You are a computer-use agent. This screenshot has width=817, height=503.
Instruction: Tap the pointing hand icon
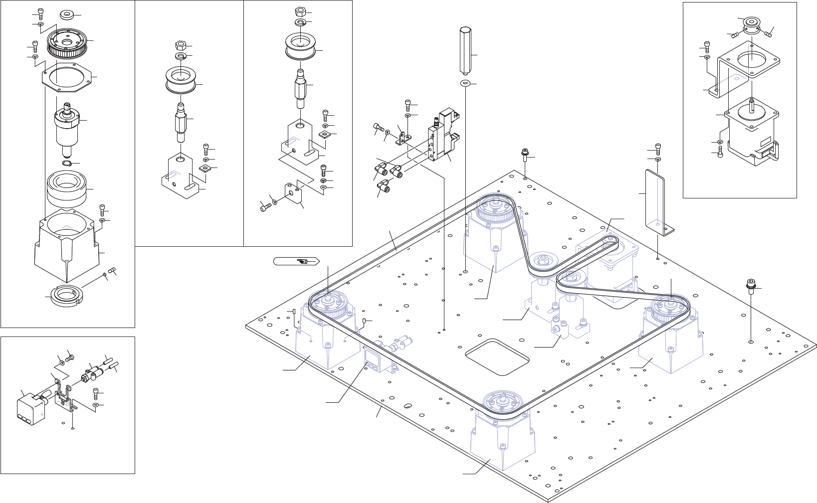click(302, 261)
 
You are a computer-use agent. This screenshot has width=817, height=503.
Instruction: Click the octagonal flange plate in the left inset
click(66, 78)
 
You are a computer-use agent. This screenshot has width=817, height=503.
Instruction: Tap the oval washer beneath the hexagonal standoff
click(465, 83)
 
